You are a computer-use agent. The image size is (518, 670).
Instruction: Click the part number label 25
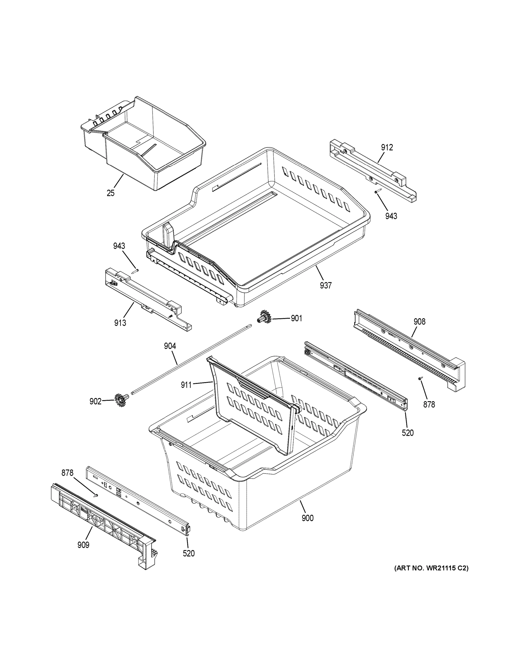[x=111, y=193]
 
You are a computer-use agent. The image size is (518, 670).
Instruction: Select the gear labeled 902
[x=120, y=400]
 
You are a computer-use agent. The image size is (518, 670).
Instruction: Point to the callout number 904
[x=170, y=346]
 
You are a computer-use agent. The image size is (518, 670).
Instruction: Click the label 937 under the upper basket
[x=326, y=285]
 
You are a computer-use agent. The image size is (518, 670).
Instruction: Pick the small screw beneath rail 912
[x=378, y=191]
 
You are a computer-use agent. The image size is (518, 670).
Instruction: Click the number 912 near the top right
[x=387, y=148]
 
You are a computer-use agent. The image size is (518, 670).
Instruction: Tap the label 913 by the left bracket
[x=120, y=323]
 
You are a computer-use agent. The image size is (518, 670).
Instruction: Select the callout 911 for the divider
[x=186, y=385]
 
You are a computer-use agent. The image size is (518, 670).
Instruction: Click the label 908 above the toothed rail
[x=419, y=322]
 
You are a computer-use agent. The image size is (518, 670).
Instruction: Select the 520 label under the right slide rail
[x=408, y=433]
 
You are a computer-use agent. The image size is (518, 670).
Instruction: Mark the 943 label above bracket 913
[x=119, y=246]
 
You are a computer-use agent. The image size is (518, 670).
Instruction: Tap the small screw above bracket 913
[x=135, y=271]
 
